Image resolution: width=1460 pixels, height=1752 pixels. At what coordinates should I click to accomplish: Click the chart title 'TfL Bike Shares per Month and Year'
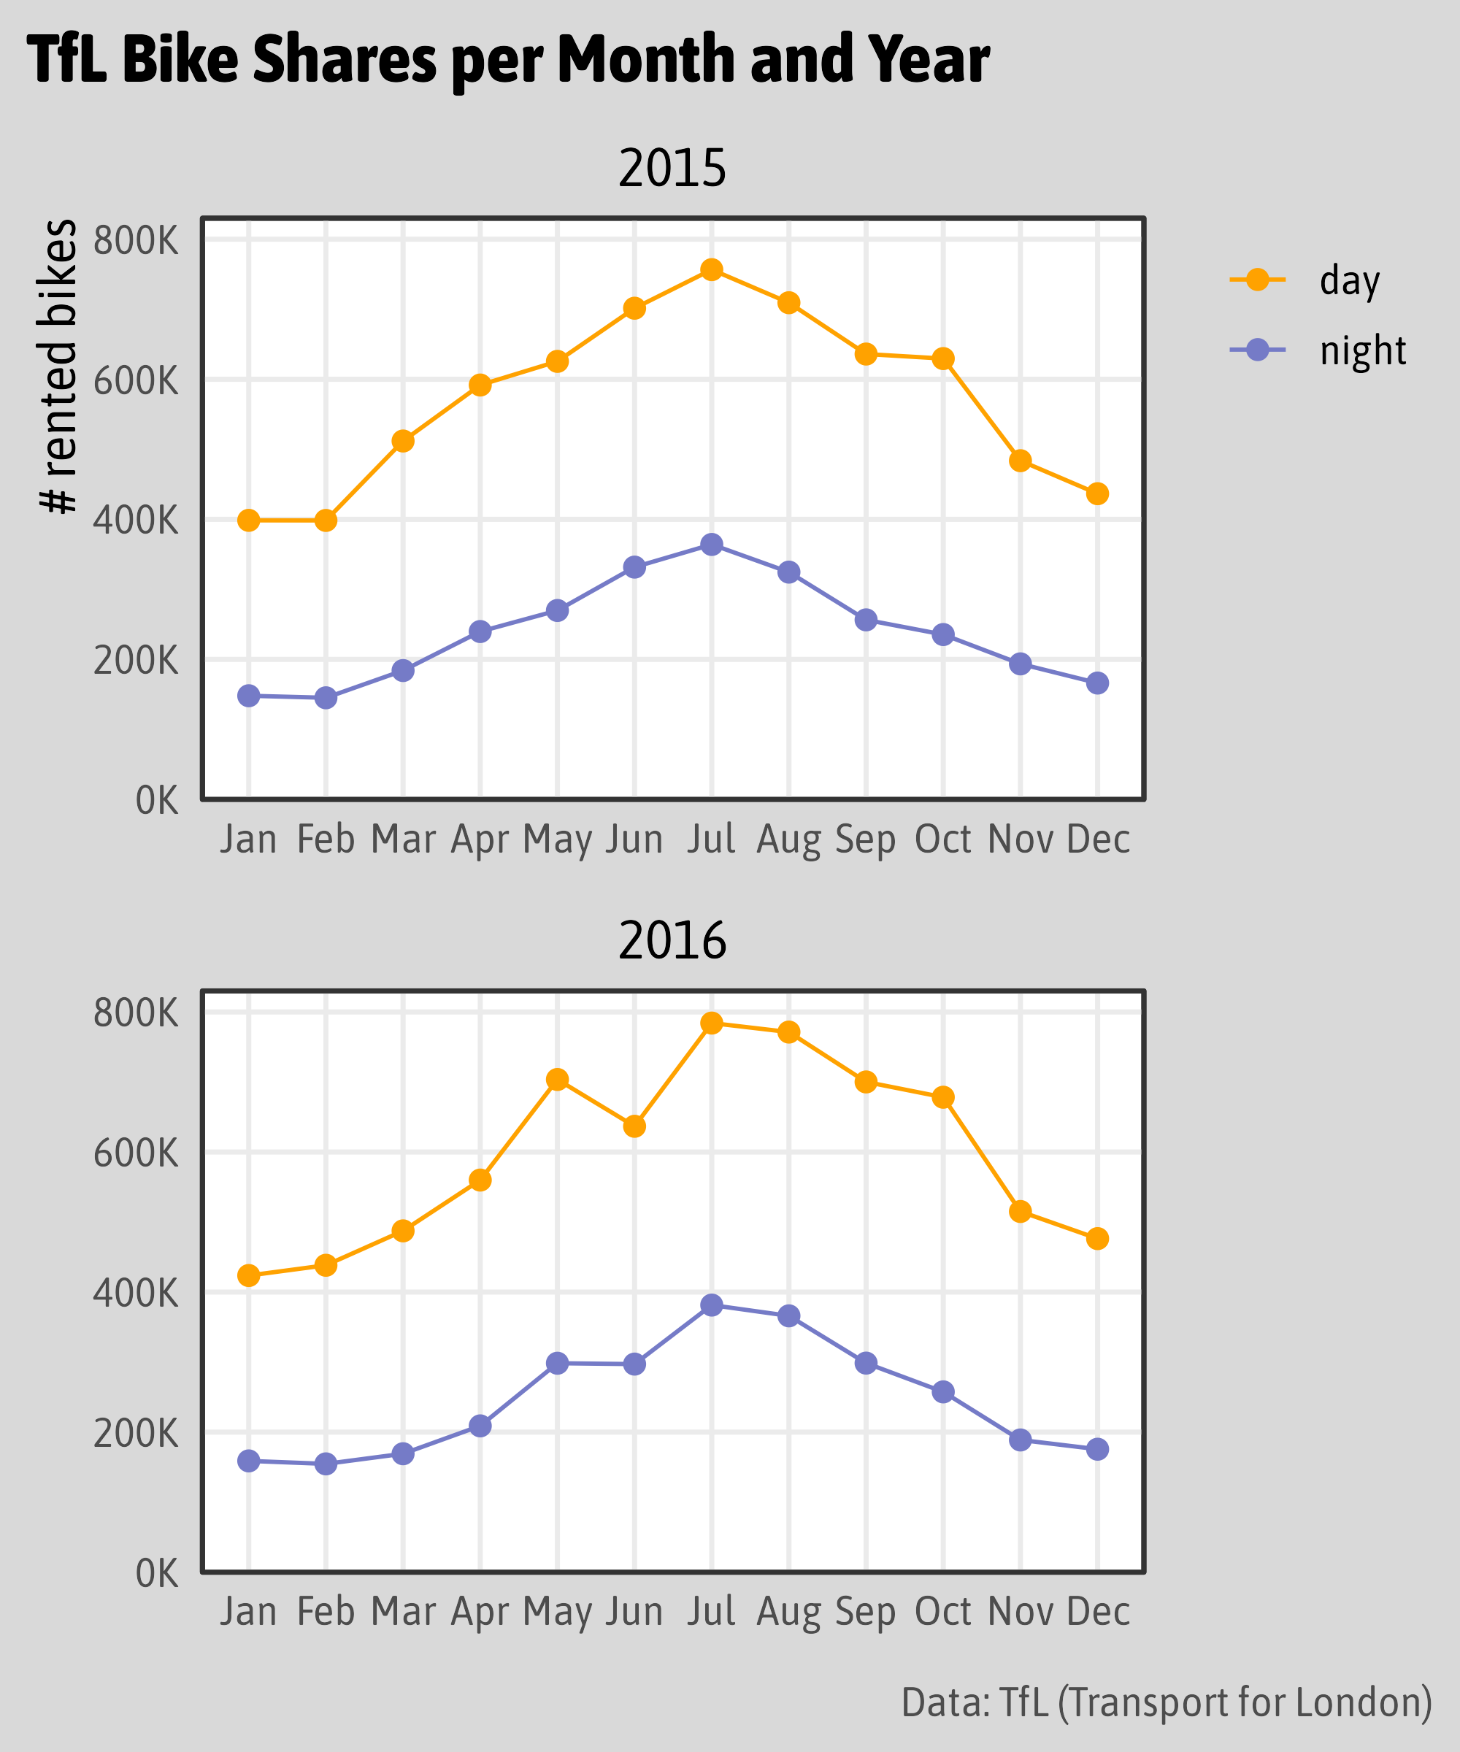coord(508,60)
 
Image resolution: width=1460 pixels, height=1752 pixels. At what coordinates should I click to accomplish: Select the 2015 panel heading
coord(672,169)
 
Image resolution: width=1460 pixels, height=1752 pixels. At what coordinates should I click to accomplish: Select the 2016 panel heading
coord(672,941)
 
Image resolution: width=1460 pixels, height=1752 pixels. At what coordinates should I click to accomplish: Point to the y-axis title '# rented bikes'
coord(58,367)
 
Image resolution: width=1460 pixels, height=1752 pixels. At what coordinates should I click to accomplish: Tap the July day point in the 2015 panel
coord(712,269)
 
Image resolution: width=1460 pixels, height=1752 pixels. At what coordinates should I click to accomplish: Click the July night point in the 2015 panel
coord(712,545)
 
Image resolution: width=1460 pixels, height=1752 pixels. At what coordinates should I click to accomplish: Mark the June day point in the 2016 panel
coord(634,1126)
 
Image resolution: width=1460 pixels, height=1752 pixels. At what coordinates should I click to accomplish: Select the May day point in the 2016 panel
coord(557,1080)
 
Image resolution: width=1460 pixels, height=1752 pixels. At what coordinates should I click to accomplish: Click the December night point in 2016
coord(1097,1449)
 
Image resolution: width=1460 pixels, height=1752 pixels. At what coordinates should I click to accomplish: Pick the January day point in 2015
coord(249,520)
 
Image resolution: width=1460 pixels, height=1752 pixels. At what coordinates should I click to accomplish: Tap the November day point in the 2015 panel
coord(1021,461)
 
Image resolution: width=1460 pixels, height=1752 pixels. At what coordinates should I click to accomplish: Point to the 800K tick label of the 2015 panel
coord(136,240)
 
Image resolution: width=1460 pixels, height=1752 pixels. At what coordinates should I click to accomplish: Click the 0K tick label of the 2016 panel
coord(157,1573)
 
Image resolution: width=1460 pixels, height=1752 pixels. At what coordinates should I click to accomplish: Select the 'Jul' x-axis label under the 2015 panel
coord(712,839)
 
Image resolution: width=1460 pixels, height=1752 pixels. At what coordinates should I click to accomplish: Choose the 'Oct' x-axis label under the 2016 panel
coord(942,1611)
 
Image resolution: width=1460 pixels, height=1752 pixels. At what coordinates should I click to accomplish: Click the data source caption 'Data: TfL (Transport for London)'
coord(1167,1702)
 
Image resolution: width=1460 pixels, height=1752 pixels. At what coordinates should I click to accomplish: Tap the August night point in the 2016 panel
coord(788,1316)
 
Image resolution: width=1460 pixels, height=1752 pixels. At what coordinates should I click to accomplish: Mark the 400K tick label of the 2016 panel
coord(136,1293)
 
